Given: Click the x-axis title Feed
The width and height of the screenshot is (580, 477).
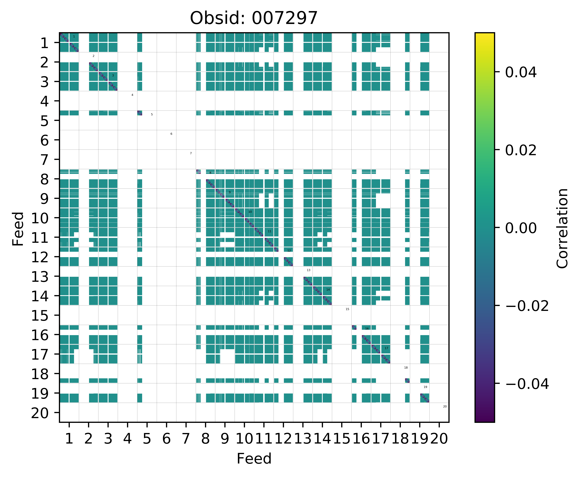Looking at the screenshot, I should click(x=254, y=459).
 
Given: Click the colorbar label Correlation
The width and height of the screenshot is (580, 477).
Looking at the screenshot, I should click(x=562, y=228).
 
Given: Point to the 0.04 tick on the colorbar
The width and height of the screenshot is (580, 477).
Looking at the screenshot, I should click(x=521, y=73).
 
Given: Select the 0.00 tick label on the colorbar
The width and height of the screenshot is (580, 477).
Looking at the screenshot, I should click(x=521, y=228).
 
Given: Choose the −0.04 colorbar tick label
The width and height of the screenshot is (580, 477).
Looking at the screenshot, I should click(x=527, y=384).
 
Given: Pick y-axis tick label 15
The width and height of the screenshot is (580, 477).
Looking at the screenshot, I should click(x=41, y=316).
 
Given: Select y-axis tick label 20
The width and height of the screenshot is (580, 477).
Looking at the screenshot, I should click(x=41, y=413).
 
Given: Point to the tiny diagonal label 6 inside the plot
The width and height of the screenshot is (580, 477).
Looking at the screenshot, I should click(x=171, y=134).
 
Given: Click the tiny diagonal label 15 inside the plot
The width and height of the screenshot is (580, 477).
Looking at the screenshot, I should click(x=347, y=309).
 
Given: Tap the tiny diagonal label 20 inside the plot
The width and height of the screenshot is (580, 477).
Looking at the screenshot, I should click(x=445, y=406).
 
